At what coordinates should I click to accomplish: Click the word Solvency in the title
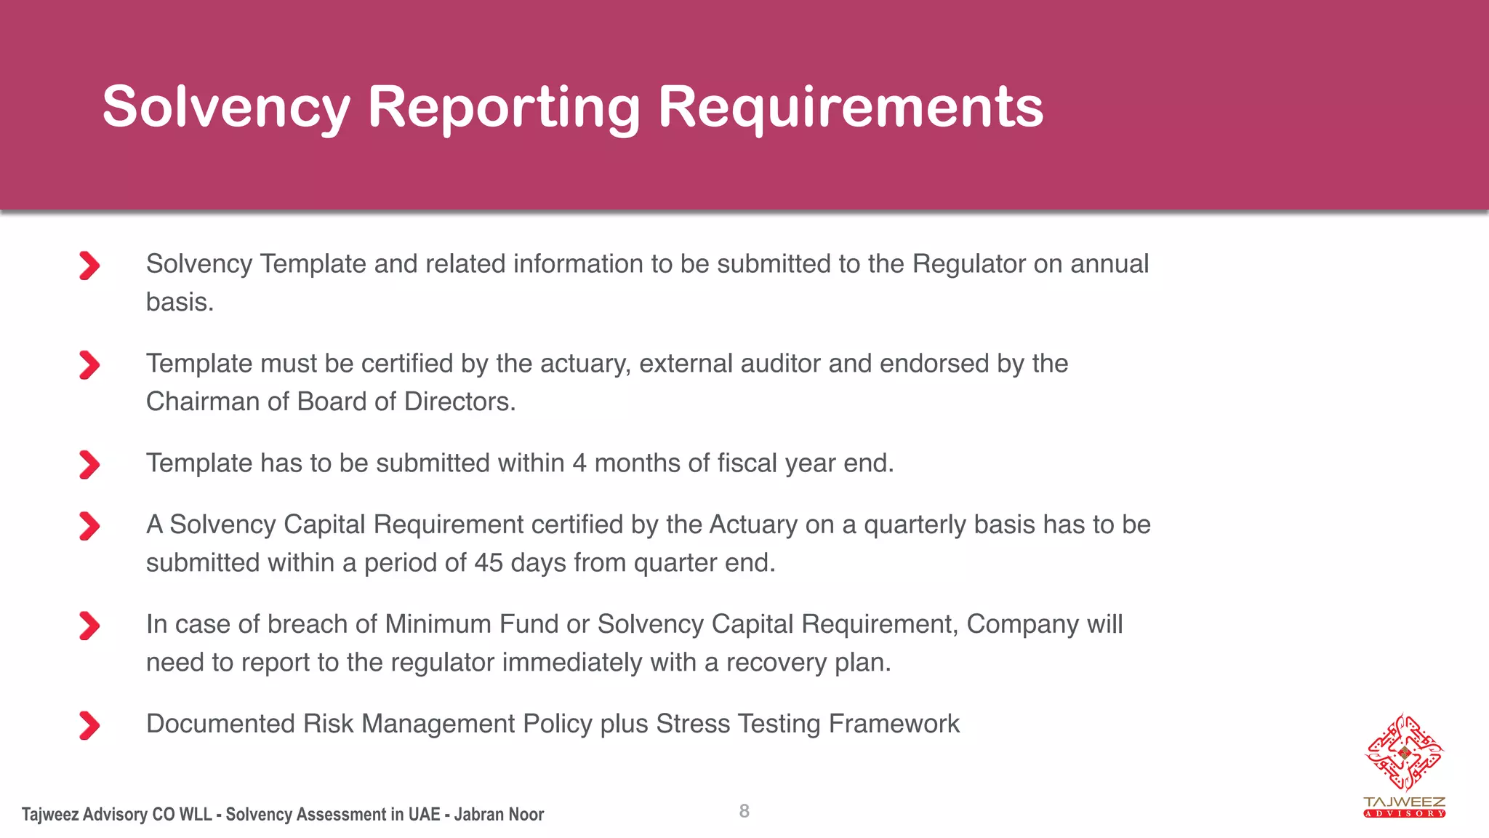pos(226,107)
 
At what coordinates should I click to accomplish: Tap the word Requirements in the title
pos(851,107)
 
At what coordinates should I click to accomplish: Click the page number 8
pos(744,811)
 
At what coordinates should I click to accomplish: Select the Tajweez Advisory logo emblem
pos(1404,753)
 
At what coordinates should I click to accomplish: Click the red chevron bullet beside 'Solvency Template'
pos(89,266)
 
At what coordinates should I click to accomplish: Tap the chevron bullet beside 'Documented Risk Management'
pos(89,725)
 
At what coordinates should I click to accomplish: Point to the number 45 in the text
pos(489,563)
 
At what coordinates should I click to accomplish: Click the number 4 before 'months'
pos(579,463)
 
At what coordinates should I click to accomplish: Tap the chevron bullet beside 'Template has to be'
pos(89,465)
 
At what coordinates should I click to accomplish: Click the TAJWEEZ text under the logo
pos(1404,802)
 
